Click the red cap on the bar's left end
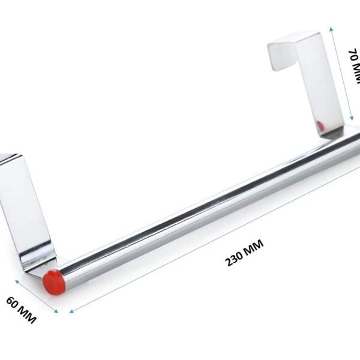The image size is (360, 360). click(53, 280)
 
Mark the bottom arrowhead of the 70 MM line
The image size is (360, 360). click(353, 119)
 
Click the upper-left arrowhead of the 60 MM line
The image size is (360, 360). click(17, 280)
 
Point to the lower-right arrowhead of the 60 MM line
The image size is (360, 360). click(56, 311)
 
